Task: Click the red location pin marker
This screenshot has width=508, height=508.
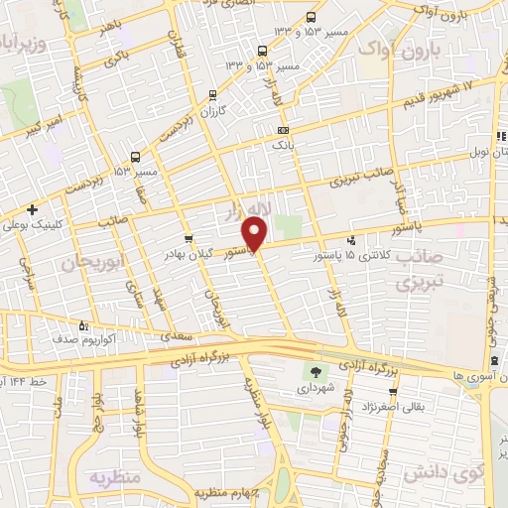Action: (256, 234)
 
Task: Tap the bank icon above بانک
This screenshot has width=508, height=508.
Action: (284, 130)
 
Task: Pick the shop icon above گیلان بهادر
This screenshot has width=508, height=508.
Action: (190, 239)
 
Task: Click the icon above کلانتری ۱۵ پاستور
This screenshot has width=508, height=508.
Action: (350, 239)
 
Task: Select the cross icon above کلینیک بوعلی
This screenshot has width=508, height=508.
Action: (34, 210)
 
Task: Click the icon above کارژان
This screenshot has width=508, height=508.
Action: (213, 96)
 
